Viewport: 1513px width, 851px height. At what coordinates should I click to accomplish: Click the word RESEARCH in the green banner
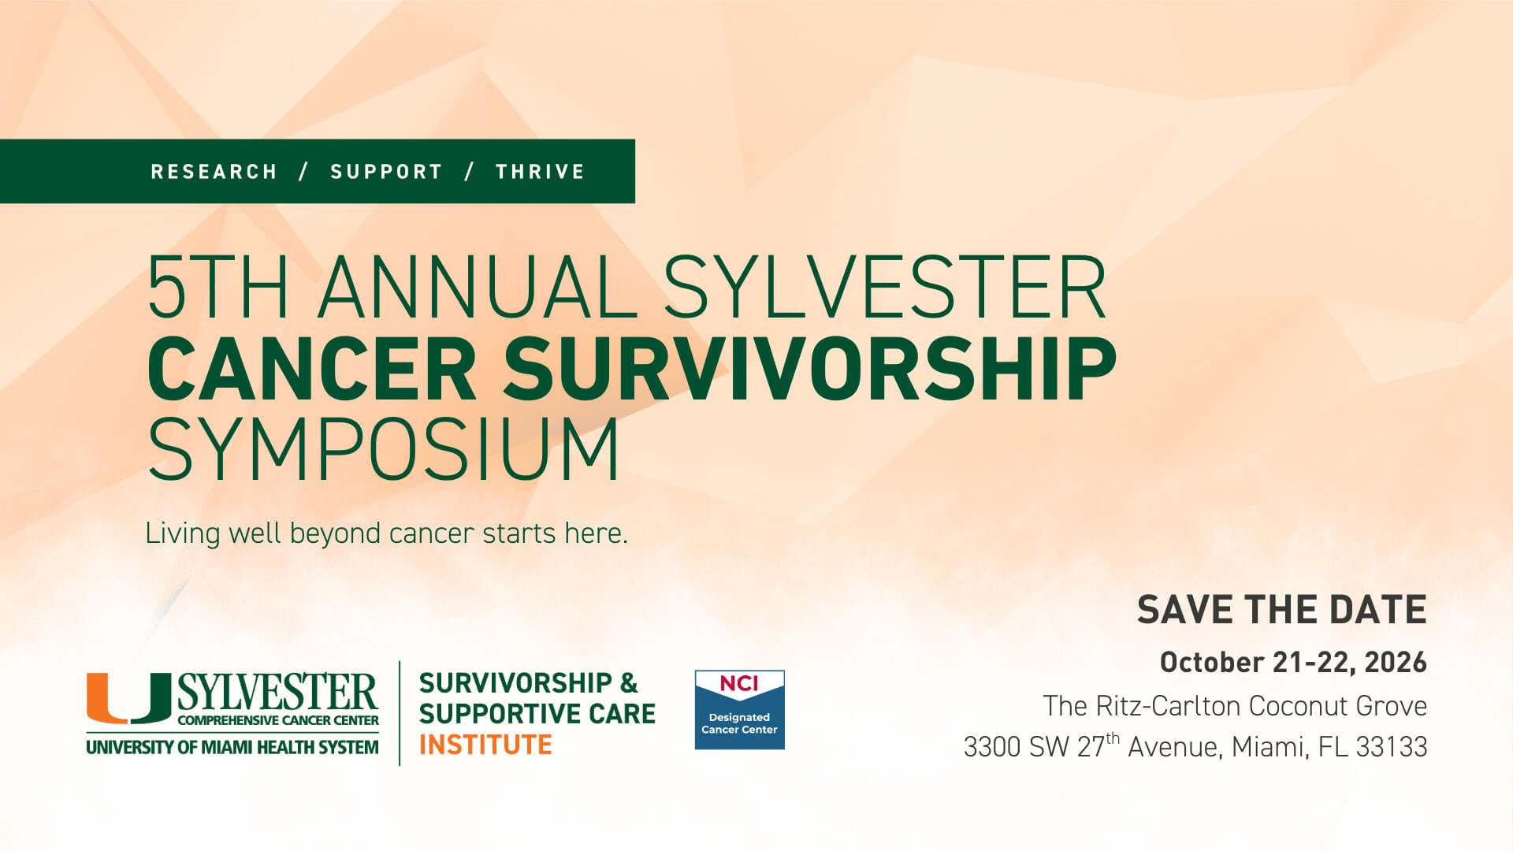(x=214, y=172)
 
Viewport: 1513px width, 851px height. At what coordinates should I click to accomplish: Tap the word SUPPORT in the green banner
(x=386, y=172)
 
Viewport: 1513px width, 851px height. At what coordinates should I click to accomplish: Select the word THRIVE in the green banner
(x=540, y=172)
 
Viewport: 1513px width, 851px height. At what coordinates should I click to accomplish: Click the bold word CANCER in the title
(x=312, y=369)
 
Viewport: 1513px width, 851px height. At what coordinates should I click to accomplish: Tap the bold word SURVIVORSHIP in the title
(x=810, y=369)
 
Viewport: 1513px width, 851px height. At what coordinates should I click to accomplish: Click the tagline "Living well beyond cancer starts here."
(x=386, y=533)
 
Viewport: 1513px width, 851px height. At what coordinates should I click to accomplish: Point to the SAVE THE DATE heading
(x=1281, y=610)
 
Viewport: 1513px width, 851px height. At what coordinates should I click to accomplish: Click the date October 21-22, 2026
(x=1293, y=662)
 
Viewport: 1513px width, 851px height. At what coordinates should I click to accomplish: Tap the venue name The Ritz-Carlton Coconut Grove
(x=1235, y=706)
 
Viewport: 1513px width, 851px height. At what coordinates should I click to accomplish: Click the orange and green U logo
(x=128, y=697)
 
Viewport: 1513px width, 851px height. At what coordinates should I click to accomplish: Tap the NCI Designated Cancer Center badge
(x=739, y=709)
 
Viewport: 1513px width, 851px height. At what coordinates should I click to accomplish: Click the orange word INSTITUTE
(x=485, y=745)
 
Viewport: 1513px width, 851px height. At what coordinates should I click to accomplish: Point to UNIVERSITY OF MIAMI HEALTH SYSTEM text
(x=232, y=747)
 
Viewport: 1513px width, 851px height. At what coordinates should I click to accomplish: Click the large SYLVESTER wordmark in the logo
(x=277, y=692)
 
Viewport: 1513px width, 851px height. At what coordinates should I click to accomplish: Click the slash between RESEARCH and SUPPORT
(x=303, y=172)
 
